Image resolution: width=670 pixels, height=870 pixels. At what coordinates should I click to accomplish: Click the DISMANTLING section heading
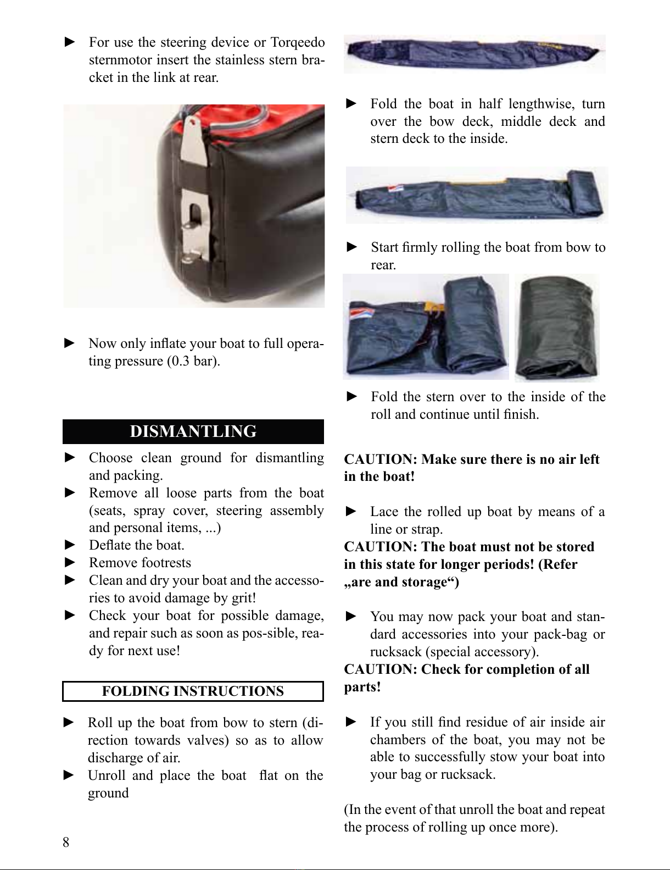tap(193, 431)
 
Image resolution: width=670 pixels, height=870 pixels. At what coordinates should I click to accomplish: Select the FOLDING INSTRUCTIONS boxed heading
tap(193, 691)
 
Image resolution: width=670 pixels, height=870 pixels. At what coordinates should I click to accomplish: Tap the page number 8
tap(66, 842)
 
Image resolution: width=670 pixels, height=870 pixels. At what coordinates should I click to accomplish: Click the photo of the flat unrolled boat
tap(474, 53)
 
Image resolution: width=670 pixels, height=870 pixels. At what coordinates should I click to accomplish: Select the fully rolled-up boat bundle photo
tap(556, 327)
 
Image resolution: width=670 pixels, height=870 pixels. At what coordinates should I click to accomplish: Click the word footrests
tap(167, 563)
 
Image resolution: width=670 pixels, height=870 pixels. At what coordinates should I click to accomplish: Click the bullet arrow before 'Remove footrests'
tap(70, 563)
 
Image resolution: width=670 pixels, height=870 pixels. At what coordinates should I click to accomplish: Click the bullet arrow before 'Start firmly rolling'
tap(353, 247)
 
